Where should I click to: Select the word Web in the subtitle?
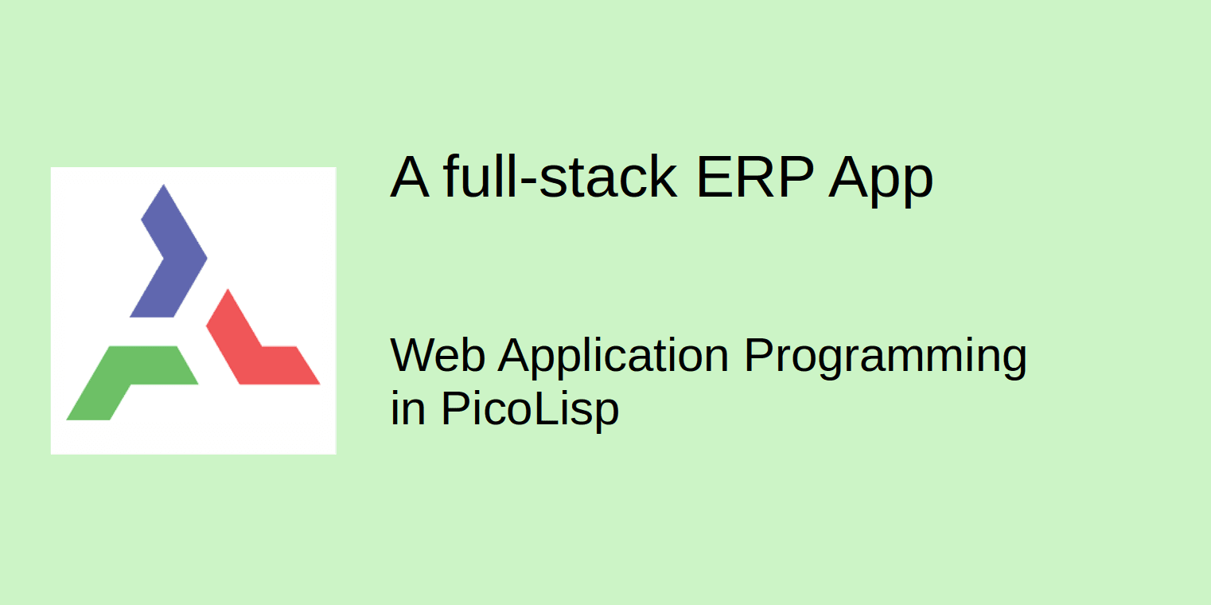pos(437,355)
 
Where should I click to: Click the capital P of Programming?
pos(757,355)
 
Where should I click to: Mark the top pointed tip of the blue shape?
pos(163,185)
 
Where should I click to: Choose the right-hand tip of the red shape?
pos(318,383)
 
